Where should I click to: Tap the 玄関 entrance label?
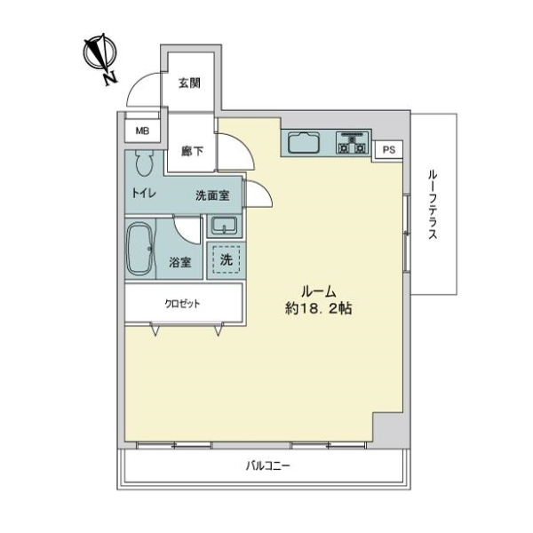coord(189,83)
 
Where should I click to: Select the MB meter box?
coord(142,131)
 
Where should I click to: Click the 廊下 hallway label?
coord(192,151)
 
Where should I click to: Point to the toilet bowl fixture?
coord(145,163)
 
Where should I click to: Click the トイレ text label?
coord(144,194)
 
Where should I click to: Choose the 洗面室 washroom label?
coord(212,195)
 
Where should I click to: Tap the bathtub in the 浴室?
coord(140,249)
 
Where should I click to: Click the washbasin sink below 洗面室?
coord(224,226)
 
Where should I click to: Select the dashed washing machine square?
coord(227,259)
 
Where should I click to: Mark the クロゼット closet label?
coord(182,304)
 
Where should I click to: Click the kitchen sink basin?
coord(304,143)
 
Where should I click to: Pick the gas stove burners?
coord(352,143)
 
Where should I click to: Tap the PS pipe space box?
coord(389,149)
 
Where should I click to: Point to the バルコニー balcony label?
coord(268,465)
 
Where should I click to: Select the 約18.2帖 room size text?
coord(319,308)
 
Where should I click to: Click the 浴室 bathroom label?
coord(180,262)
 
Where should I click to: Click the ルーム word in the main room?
coord(319,291)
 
